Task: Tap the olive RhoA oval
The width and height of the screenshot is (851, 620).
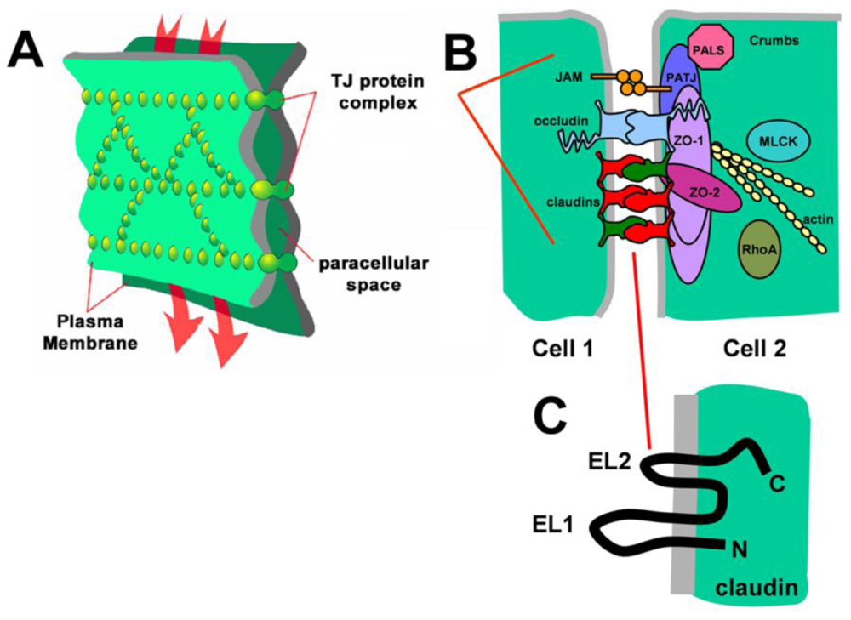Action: click(x=763, y=250)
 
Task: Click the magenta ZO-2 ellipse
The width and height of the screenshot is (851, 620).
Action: click(x=703, y=190)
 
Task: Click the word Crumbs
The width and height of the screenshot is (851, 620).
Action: click(x=775, y=40)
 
